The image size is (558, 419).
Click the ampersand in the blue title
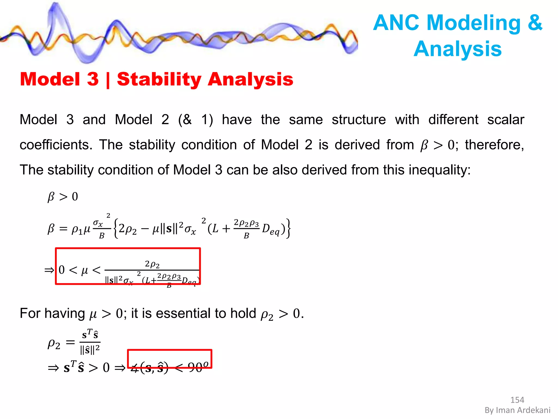(x=535, y=23)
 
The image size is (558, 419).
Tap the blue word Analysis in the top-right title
(x=457, y=49)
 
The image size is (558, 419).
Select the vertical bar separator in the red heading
(x=108, y=80)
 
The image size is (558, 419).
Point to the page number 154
(x=517, y=400)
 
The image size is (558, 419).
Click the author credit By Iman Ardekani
(x=517, y=410)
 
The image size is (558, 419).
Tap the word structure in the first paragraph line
(x=359, y=120)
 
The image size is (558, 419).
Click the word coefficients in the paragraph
(x=56, y=145)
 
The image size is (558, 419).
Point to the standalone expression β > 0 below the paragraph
(x=63, y=197)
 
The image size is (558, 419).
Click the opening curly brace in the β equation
(x=116, y=229)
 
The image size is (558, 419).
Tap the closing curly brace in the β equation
(x=289, y=229)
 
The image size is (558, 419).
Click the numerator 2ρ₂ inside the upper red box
(x=152, y=264)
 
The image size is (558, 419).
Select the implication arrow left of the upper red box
(x=49, y=270)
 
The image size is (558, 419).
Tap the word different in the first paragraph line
(x=453, y=120)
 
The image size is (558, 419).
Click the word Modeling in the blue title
(x=474, y=23)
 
